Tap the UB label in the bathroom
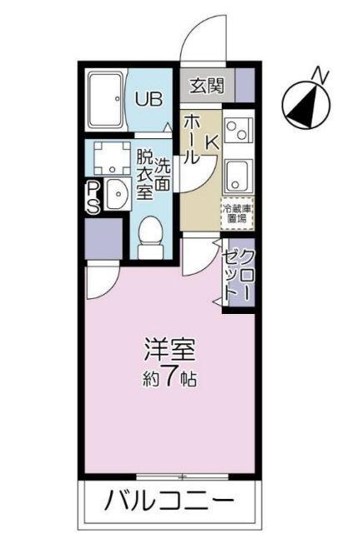click(149, 98)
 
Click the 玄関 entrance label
click(206, 84)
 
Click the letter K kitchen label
click(211, 143)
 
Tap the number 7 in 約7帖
click(168, 379)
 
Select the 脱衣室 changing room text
click(145, 173)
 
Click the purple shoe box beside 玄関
click(244, 84)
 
